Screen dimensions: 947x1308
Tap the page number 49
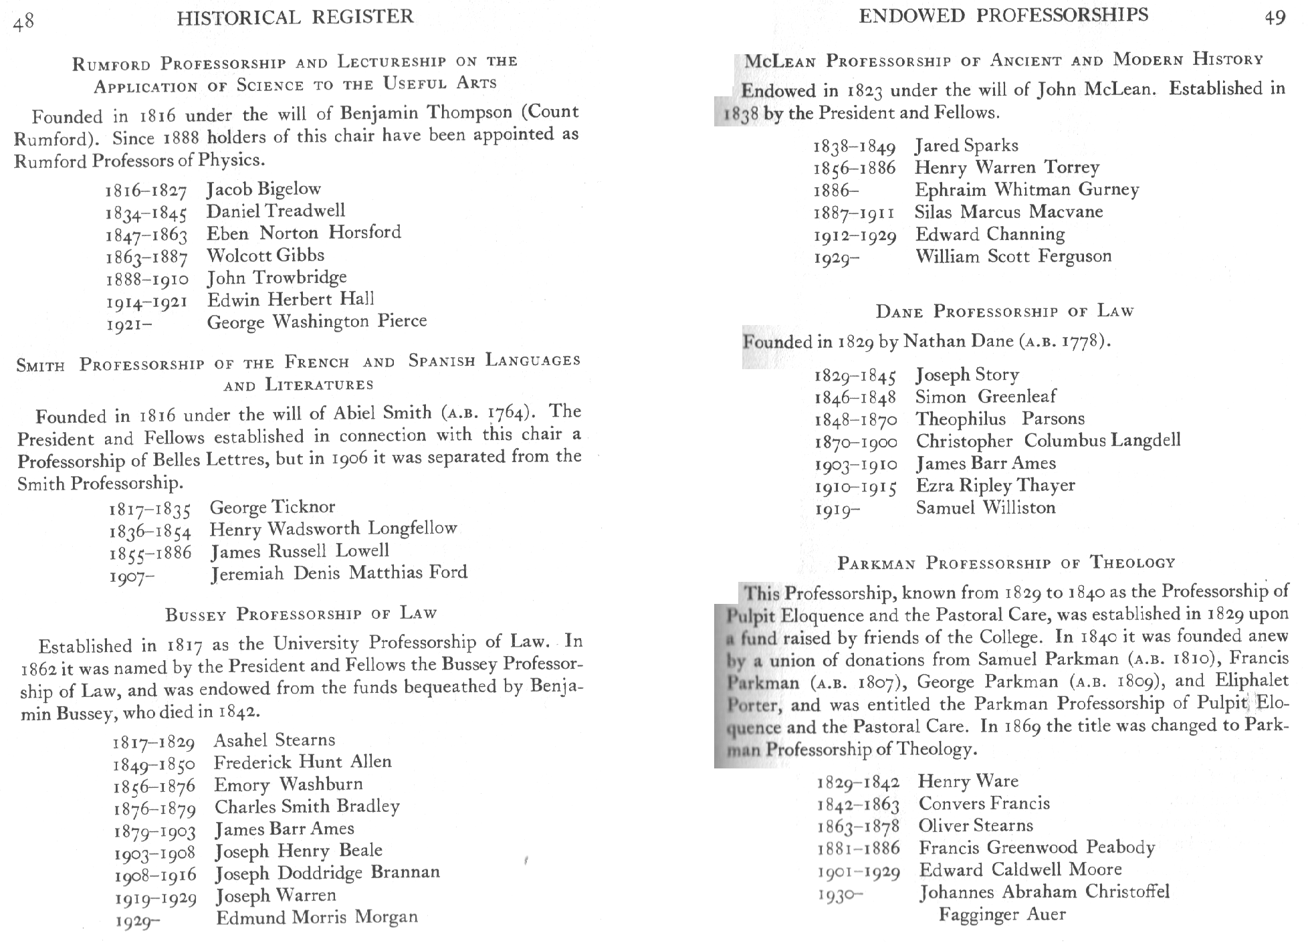pyautogui.click(x=1275, y=18)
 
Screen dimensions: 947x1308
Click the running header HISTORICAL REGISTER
pyautogui.click(x=295, y=17)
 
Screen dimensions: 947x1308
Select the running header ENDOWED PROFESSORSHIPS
pyautogui.click(x=1003, y=15)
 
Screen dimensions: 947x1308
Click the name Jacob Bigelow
pyautogui.click(x=263, y=189)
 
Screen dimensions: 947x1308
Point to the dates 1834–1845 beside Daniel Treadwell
pyautogui.click(x=146, y=214)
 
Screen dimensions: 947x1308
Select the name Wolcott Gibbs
pyautogui.click(x=265, y=255)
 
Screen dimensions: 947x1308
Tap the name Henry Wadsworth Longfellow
pyautogui.click(x=333, y=529)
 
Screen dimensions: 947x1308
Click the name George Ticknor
pyautogui.click(x=272, y=507)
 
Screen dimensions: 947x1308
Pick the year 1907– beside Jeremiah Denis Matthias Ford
pyautogui.click(x=132, y=576)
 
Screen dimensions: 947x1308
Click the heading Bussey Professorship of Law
pyautogui.click(x=301, y=614)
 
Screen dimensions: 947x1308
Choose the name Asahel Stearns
pyautogui.click(x=274, y=740)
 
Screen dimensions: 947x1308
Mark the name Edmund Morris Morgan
pyautogui.click(x=316, y=917)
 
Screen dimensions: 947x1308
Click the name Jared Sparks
pyautogui.click(x=966, y=146)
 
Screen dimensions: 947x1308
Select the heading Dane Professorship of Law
pyautogui.click(x=1004, y=312)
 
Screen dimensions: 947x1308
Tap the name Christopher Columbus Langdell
pyautogui.click(x=1048, y=441)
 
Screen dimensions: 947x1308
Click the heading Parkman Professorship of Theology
pyautogui.click(x=1006, y=563)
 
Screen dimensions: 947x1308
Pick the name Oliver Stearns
pyautogui.click(x=975, y=825)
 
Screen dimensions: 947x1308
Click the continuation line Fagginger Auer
pyautogui.click(x=1002, y=914)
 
